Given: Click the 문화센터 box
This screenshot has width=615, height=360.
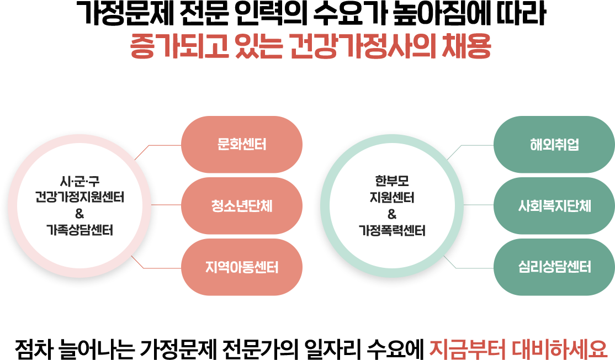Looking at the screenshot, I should coord(241,145).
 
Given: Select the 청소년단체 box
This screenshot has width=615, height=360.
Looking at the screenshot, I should coord(241,207).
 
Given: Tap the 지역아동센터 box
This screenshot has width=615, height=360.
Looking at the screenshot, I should coord(241,268).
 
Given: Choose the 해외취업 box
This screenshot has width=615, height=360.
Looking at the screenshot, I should coord(554,145).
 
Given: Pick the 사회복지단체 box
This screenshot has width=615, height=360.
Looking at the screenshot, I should coord(554,207).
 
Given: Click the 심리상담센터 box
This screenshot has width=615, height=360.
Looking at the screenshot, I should coord(554,268).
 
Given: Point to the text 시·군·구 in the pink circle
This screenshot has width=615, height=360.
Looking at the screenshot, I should coord(79,180).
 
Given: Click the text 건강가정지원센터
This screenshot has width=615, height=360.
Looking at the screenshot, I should coord(79,197).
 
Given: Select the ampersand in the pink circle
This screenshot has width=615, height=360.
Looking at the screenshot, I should coord(79,214).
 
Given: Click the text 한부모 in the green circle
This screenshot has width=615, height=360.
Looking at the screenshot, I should coord(392,180).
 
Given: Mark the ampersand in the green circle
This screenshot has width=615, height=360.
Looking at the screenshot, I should coord(392,214).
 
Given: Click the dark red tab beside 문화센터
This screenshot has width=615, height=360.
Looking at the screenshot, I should coord(171,155).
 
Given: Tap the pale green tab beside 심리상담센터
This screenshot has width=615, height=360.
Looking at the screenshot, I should coord(483,257).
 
